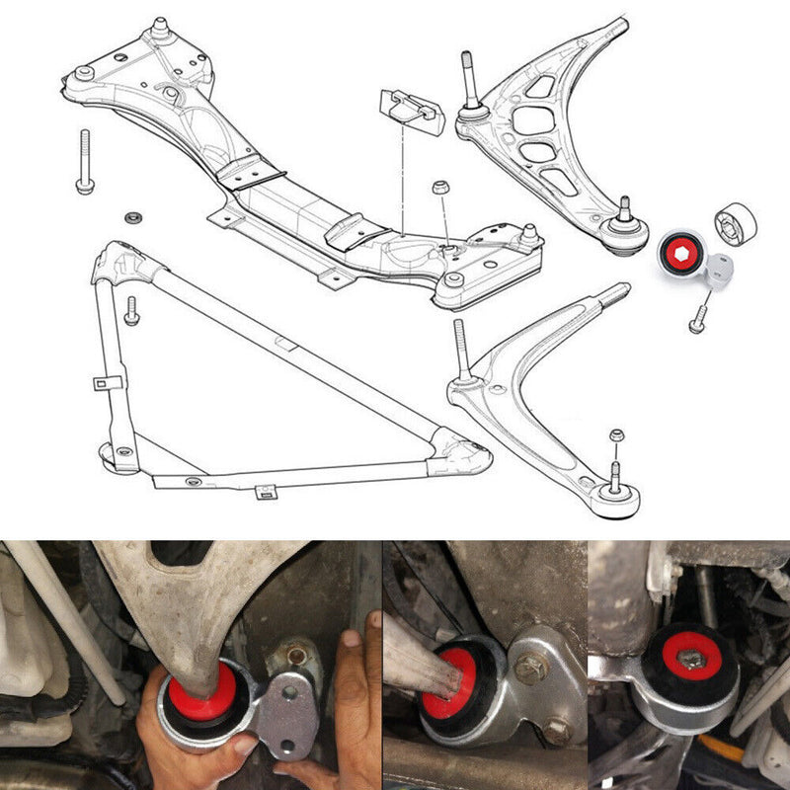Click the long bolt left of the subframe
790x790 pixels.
point(84,162)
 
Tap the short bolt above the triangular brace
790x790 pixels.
point(131,310)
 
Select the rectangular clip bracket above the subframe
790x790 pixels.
point(408,111)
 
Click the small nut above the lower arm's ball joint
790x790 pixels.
point(616,435)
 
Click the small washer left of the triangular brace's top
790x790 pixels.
point(130,216)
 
